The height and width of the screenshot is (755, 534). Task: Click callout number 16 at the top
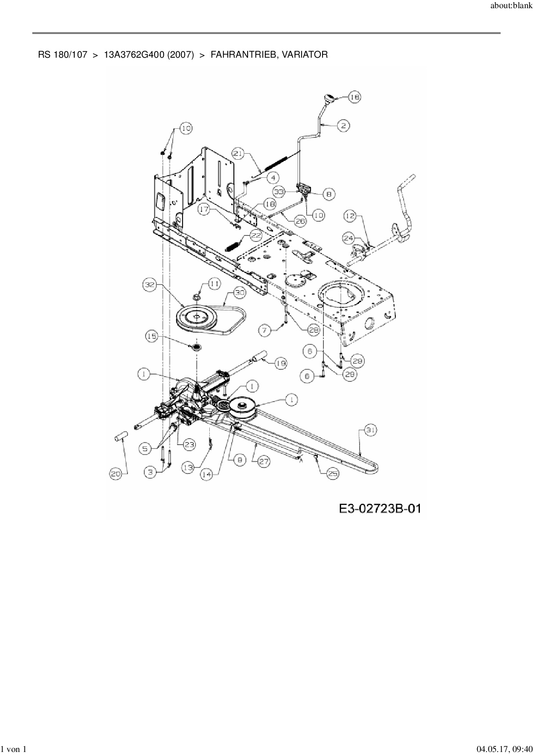tap(354, 97)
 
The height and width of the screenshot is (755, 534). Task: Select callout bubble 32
tap(149, 285)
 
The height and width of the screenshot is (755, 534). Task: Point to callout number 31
tap(370, 430)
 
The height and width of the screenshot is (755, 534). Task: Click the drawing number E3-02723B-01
tap(380, 509)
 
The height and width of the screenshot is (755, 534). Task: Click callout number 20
tap(116, 474)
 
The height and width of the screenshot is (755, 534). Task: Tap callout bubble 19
tap(280, 364)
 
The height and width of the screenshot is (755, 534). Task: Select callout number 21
tap(239, 154)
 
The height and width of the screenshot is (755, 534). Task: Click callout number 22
tap(256, 235)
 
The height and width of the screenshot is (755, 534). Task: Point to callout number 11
tap(214, 283)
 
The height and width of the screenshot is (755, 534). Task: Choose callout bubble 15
tap(152, 337)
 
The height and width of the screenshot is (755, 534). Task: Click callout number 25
tap(332, 473)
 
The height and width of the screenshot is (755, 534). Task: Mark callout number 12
tap(351, 216)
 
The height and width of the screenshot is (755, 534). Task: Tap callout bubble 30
tap(239, 293)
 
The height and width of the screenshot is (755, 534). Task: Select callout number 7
tap(265, 331)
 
